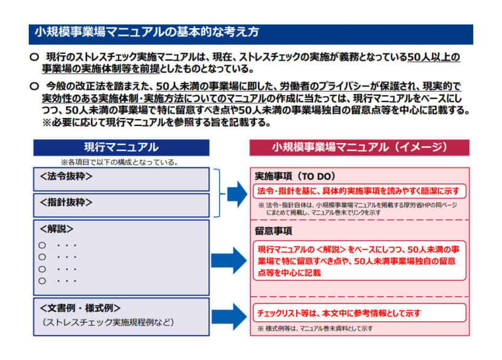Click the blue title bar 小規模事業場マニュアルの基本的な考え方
click(251, 33)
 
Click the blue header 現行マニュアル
click(121, 147)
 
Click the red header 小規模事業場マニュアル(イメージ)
click(359, 147)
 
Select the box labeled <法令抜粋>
click(121, 179)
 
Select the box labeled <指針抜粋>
click(121, 205)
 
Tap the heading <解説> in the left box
click(56, 229)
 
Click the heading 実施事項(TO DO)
click(294, 176)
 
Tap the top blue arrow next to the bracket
click(237, 195)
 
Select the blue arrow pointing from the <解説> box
click(230, 259)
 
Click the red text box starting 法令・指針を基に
click(359, 191)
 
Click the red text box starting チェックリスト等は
click(359, 312)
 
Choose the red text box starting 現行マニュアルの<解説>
click(359, 261)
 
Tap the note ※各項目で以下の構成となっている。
click(119, 162)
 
